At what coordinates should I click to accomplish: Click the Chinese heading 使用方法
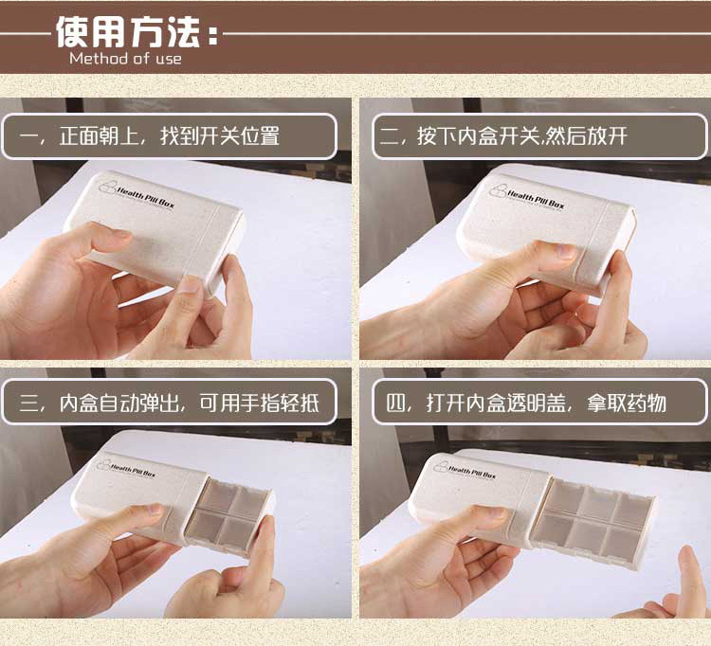tap(128, 31)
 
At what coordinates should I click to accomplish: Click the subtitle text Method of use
tap(125, 59)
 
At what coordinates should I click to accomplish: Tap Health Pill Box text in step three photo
tap(133, 469)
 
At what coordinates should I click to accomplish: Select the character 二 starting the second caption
tap(390, 136)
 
